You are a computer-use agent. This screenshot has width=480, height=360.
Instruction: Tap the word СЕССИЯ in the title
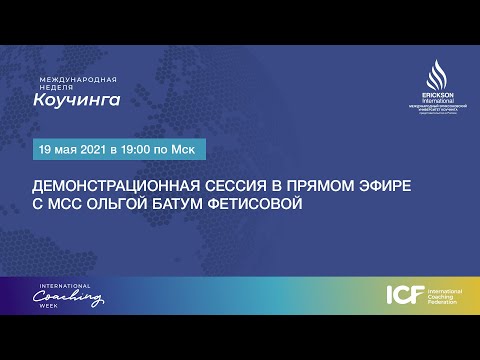click(x=227, y=187)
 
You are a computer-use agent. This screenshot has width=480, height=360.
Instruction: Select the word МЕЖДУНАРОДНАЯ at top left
click(x=78, y=78)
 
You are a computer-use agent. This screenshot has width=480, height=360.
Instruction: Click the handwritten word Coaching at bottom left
click(x=72, y=297)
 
